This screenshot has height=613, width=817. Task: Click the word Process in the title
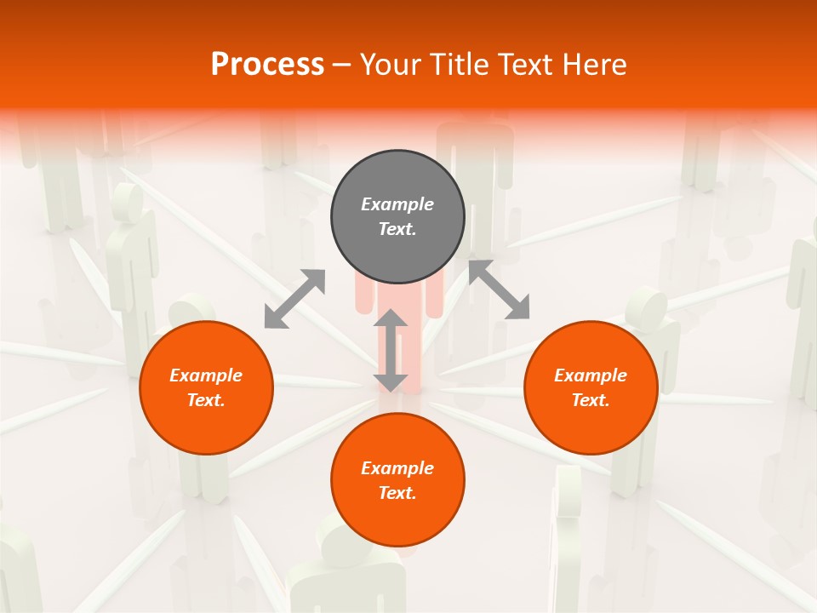[x=267, y=65]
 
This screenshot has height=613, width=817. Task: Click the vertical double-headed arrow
[x=391, y=350]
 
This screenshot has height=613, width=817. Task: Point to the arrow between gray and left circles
[x=294, y=299]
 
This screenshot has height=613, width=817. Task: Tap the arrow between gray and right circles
[x=499, y=290]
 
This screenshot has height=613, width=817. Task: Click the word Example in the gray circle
[x=397, y=204]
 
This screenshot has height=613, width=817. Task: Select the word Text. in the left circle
[x=206, y=400]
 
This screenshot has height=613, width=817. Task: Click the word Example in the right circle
[x=591, y=375]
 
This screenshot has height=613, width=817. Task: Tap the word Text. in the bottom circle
[x=397, y=493]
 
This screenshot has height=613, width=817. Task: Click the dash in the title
[x=341, y=65]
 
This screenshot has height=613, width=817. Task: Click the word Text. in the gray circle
[x=397, y=229]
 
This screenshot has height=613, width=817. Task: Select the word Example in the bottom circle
[x=397, y=468]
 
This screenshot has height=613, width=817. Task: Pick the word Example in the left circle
[x=206, y=375]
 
